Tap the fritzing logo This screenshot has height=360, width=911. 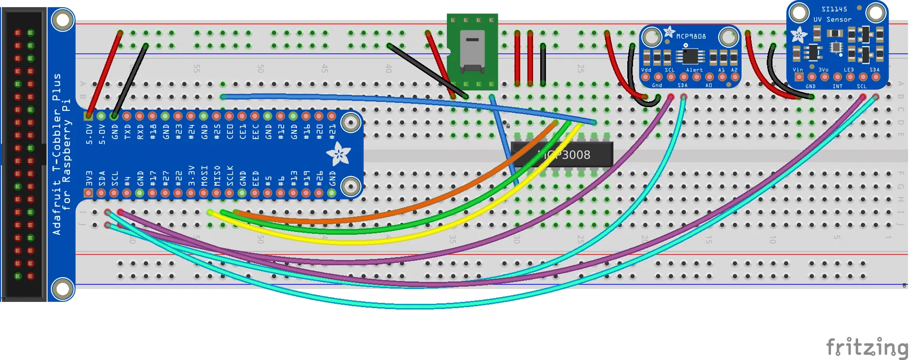(867, 347)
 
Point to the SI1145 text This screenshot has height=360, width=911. (834, 9)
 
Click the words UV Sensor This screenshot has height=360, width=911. (832, 20)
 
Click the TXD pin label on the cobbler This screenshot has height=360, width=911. (127, 132)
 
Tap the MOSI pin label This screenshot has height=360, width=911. (204, 176)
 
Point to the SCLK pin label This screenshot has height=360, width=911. (230, 176)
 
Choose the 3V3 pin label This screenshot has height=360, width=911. (89, 178)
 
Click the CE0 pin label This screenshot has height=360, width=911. (230, 132)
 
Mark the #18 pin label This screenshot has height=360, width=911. (153, 132)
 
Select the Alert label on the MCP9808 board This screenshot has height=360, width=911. (694, 70)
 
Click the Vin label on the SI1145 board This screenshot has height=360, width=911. (798, 70)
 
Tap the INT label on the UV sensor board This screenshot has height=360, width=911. (837, 86)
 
